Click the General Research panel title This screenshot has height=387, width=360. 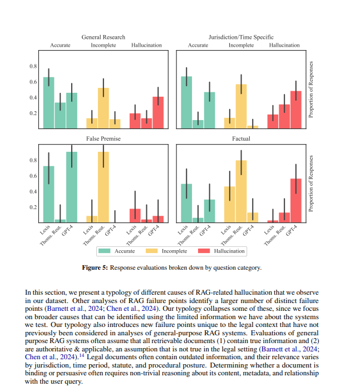tap(103, 37)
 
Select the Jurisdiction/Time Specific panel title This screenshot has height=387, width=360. tap(241, 37)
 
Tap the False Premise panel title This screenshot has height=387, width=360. tap(103, 138)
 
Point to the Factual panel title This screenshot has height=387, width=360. tap(241, 138)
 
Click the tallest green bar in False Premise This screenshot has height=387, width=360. tap(72, 187)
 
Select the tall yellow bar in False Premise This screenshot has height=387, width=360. tap(103, 187)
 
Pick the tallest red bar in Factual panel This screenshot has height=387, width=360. tap(296, 200)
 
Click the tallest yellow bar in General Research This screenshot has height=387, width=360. tap(103, 108)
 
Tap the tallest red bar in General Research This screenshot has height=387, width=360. tap(158, 112)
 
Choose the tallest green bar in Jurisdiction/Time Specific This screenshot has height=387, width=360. tap(186, 102)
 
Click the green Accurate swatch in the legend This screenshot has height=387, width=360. tap(104, 251)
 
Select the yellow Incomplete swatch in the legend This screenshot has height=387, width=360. tap(151, 251)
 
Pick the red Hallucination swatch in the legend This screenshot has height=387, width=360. tap(204, 251)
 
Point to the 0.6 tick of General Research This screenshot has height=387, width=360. tap(33, 82)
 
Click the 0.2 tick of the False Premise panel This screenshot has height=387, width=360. tap(33, 207)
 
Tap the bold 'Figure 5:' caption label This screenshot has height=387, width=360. tap(95, 268)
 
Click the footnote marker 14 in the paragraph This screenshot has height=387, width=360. tap(81, 356)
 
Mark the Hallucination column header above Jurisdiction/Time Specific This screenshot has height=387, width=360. tap(284, 46)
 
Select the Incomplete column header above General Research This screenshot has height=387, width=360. tap(103, 46)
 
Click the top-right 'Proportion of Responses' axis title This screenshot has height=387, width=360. tap(311, 90)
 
